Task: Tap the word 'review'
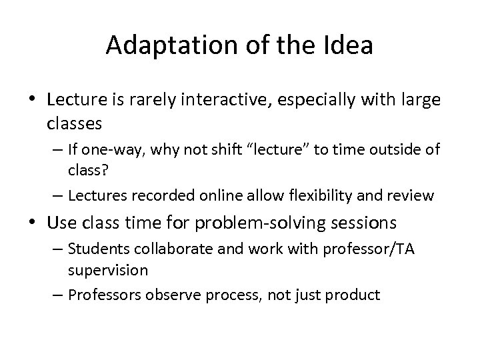tap(411, 195)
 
